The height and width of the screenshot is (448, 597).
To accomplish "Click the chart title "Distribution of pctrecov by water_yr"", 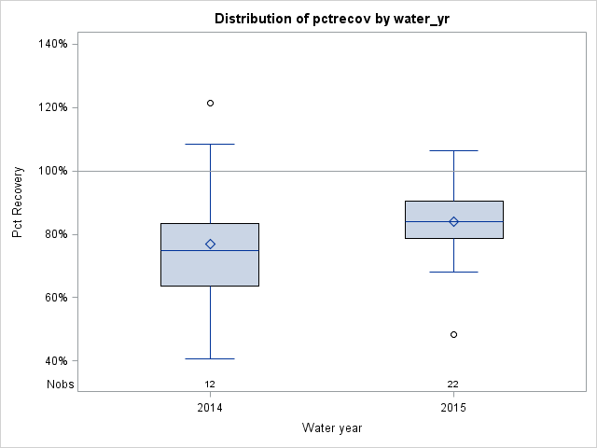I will (332, 19).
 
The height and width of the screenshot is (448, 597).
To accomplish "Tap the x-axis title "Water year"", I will (332, 427).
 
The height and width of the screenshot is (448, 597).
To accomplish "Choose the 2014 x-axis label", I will (210, 409).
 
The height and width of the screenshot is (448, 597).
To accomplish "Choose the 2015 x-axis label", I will (453, 409).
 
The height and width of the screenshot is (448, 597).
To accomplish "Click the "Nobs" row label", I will (60, 384).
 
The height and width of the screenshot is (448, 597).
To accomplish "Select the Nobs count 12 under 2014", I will (210, 384).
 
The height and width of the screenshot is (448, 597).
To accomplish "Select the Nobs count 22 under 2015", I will (453, 384).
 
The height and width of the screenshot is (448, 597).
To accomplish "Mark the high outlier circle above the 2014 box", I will (210, 103).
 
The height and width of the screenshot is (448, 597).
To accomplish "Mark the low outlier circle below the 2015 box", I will (453, 334).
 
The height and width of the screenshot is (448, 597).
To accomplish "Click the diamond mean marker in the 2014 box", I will (210, 244).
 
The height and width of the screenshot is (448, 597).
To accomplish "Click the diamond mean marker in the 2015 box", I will (453, 221).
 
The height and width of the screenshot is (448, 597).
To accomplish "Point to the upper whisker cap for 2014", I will (210, 145).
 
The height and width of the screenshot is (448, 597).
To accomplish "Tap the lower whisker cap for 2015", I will (453, 272).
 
